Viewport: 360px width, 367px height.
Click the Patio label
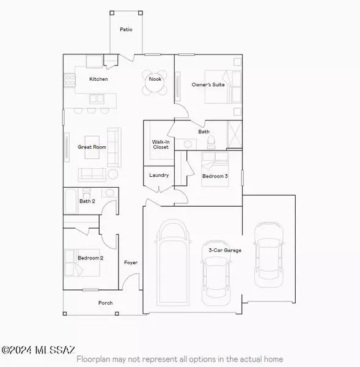(x=126, y=29)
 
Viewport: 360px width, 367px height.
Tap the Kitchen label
(x=98, y=79)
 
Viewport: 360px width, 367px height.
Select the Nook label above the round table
(x=155, y=78)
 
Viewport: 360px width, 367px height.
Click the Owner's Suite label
(x=208, y=84)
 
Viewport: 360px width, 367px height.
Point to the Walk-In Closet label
(x=160, y=144)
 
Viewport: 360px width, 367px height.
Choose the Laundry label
(x=159, y=176)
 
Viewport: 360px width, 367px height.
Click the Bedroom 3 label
(x=216, y=176)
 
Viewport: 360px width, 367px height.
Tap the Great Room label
(x=92, y=147)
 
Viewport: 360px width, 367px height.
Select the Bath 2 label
(x=87, y=201)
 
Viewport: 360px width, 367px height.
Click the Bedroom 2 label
(x=90, y=258)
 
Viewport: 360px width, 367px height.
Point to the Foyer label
(x=131, y=262)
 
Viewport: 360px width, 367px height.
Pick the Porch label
(x=106, y=303)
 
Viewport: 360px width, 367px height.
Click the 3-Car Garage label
(x=225, y=250)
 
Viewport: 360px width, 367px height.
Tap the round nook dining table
(x=155, y=87)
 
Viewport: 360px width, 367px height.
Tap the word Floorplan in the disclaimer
(x=94, y=359)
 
